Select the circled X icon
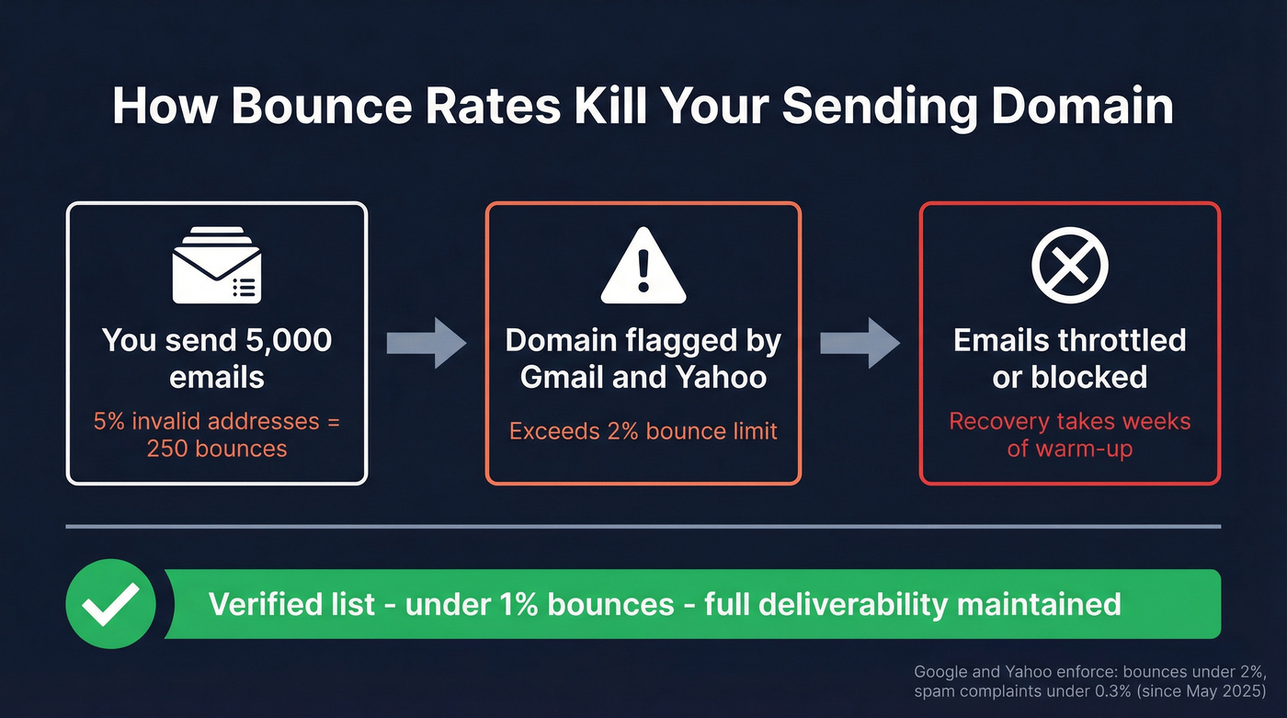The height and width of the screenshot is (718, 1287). click(1070, 266)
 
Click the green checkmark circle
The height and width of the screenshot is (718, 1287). click(111, 603)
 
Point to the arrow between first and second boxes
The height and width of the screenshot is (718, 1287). click(426, 343)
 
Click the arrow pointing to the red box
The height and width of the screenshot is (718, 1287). click(860, 343)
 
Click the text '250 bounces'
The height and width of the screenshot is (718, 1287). click(217, 449)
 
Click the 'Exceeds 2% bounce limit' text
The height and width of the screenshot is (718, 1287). click(643, 430)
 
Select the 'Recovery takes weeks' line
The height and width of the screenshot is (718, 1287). click(1070, 422)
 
